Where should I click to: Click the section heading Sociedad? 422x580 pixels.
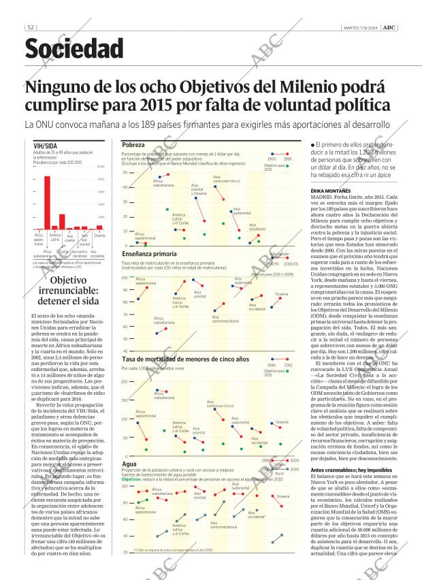point(74,49)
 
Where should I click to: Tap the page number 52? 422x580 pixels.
point(31,27)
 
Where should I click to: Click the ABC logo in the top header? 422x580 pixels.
point(388,27)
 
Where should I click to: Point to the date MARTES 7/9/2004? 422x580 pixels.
point(361,27)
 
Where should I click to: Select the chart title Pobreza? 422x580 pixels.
point(133,145)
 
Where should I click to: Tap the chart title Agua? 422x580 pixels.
point(129,464)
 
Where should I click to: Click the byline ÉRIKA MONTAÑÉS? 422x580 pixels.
point(330,191)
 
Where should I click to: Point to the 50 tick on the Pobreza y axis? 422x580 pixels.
point(125,173)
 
